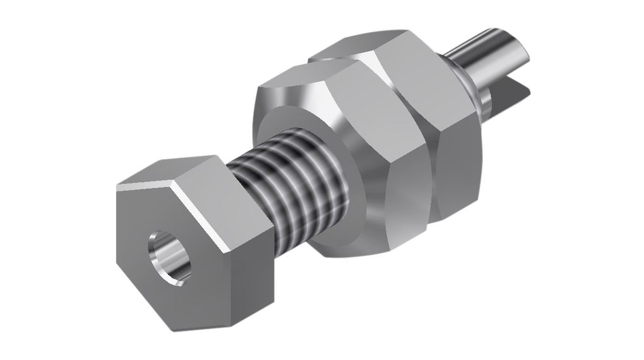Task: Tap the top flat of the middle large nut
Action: pyautogui.click(x=303, y=79)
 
